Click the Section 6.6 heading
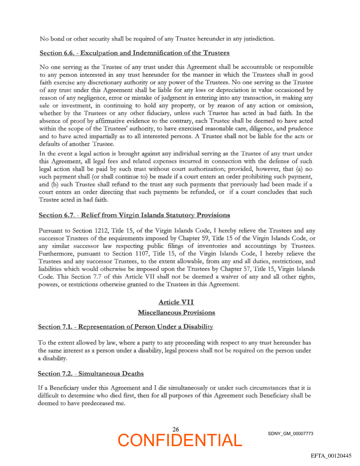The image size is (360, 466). pos(135,53)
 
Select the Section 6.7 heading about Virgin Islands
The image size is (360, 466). pos(134,215)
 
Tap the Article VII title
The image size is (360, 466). pos(176,302)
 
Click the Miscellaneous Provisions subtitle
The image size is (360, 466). pos(176,312)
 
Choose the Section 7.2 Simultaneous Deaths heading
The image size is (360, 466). pos(91,373)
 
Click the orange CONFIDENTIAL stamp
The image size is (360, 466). pos(180,440)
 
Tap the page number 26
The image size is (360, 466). pos(176,429)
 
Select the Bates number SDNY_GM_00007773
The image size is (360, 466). pos(290,433)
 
